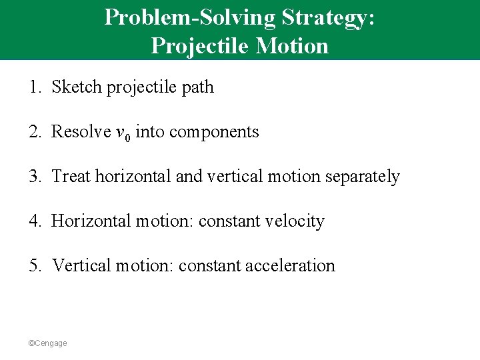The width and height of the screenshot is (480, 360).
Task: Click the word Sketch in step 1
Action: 74,87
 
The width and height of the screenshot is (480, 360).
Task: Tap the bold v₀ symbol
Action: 123,133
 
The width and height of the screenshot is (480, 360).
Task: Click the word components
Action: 214,132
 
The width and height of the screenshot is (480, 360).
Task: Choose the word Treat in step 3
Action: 71,177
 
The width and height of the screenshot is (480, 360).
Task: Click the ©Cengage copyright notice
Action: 47,343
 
